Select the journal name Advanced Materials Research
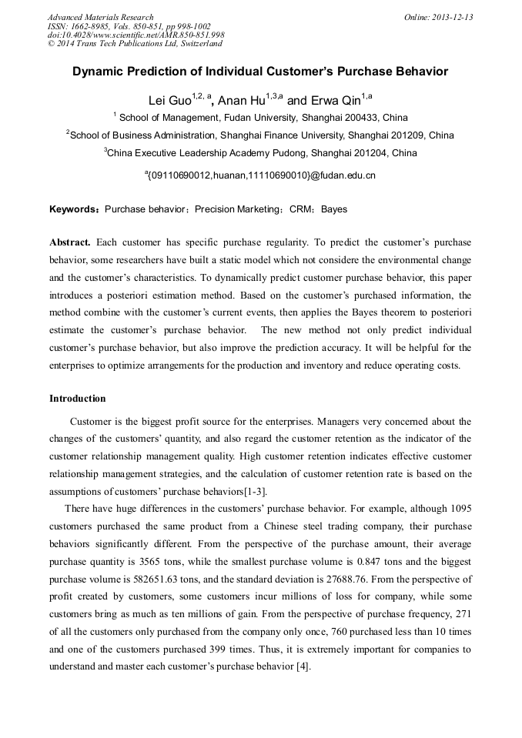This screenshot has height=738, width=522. pos(100,17)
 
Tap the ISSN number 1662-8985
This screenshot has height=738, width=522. pos(86,26)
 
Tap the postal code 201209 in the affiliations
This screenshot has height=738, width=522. pos(407,135)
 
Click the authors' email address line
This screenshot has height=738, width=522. pos(261,175)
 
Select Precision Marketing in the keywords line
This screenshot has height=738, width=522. pos(236,209)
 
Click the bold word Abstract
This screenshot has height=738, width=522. pos(70,241)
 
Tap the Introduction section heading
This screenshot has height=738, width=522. pos(77,399)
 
